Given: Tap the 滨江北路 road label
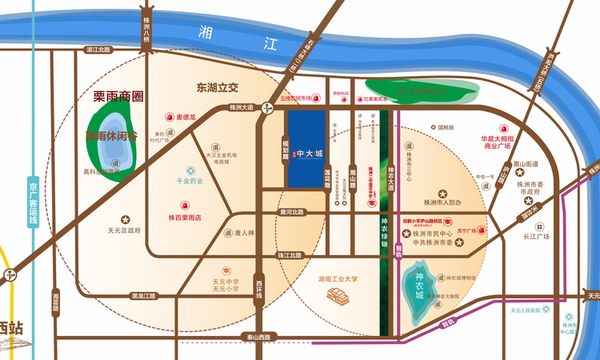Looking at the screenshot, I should click(x=101, y=50).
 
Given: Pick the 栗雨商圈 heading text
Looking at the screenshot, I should click(x=113, y=97).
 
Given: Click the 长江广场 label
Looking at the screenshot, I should click(x=537, y=237).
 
